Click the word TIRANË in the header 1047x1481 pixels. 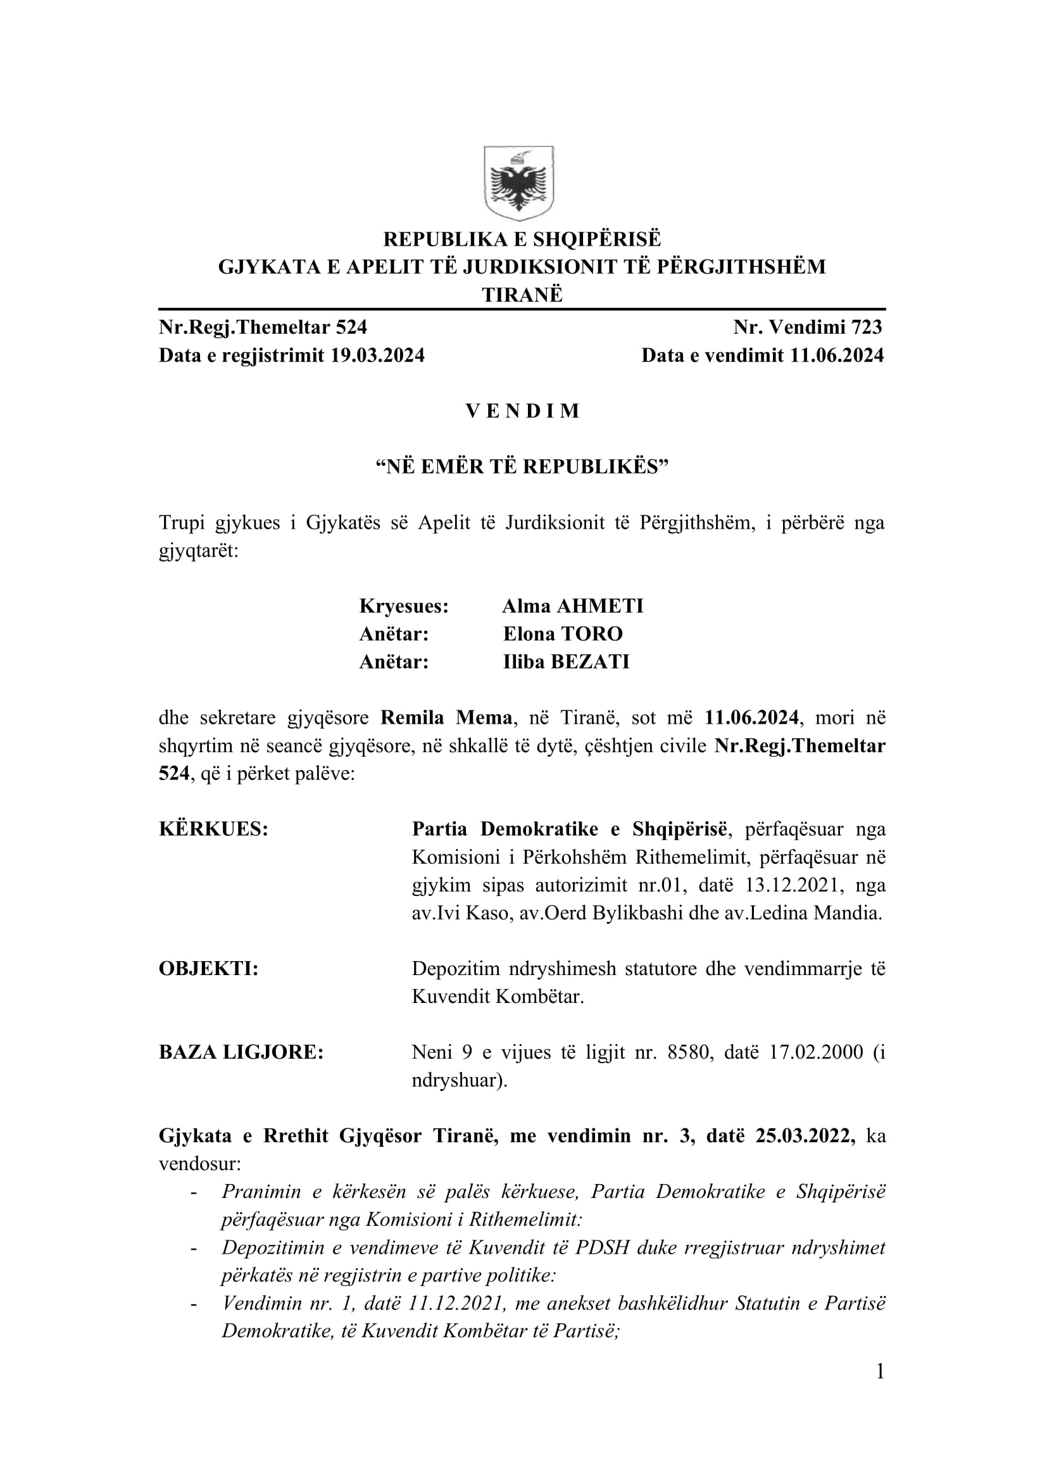(x=522, y=295)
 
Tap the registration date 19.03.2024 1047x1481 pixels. (x=377, y=355)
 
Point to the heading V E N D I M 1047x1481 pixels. (x=522, y=411)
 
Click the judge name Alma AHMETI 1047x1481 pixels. (x=572, y=606)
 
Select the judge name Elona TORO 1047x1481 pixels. (x=563, y=633)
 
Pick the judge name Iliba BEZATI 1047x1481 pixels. (x=566, y=661)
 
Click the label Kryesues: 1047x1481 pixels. (x=404, y=606)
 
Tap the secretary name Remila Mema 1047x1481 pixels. (x=446, y=717)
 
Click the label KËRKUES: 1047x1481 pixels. (x=213, y=829)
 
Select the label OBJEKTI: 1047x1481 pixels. (x=208, y=968)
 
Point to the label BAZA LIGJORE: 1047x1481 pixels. (x=241, y=1052)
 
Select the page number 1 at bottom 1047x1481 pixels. (x=880, y=1389)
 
